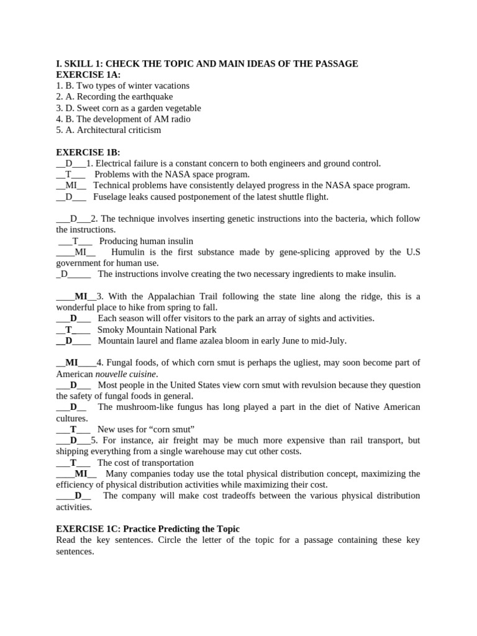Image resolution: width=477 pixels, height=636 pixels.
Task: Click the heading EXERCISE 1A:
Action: point(88,75)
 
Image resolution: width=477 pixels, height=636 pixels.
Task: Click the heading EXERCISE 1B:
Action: point(88,152)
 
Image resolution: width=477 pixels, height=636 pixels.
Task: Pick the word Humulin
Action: point(127,252)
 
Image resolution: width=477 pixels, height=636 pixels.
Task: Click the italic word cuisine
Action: point(142,374)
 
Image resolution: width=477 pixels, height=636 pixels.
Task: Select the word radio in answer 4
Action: point(179,119)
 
